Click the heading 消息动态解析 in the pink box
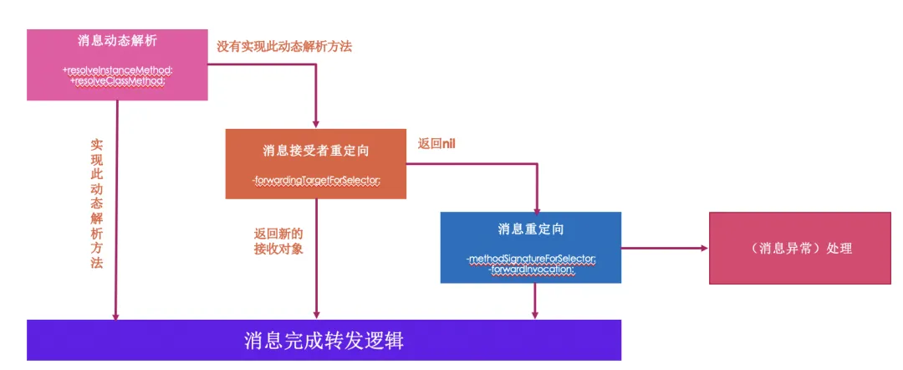pos(116,41)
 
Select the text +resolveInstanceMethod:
pos(117,70)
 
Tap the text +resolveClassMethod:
pos(117,80)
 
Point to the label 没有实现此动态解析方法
pos(284,46)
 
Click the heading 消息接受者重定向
pos(316,151)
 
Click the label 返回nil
pos(436,143)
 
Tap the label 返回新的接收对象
pos(278,240)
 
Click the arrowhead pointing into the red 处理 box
pos(703,248)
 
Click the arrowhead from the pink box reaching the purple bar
pos(116,315)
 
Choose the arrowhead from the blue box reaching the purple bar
pos(533,315)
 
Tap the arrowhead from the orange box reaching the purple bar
pos(317,315)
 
